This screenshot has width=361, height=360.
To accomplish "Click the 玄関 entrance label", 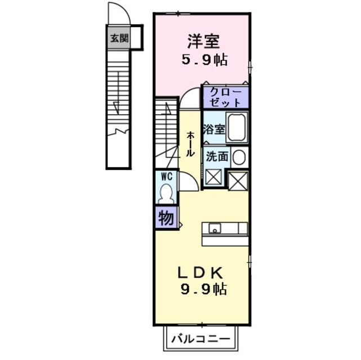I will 119,39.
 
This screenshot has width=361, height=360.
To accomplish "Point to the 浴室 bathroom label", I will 214,128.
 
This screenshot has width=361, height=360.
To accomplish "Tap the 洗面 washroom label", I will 216,157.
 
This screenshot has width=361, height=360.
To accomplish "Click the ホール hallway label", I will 190,144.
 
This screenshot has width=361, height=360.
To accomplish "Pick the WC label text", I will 166,176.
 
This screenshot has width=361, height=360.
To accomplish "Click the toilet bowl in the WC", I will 166,194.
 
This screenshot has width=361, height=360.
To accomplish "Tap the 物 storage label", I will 166,217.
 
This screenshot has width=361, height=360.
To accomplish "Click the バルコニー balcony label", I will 200,339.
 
